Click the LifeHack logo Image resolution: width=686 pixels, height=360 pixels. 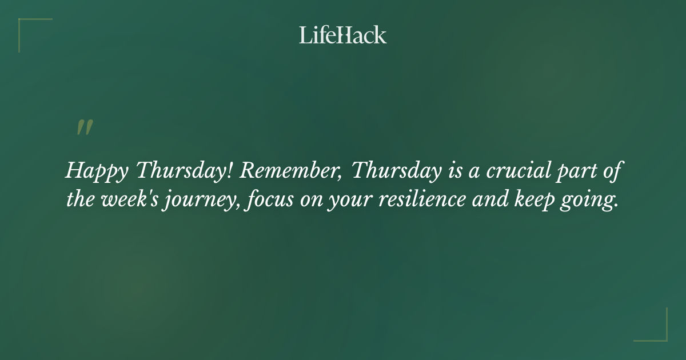pos(343,35)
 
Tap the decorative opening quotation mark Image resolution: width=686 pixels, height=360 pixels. pos(85,128)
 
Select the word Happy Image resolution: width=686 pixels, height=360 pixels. pos(98,171)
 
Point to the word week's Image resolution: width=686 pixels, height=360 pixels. pos(126,201)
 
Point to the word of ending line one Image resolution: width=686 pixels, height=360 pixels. pos(609,170)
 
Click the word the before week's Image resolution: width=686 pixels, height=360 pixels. pos(78,201)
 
